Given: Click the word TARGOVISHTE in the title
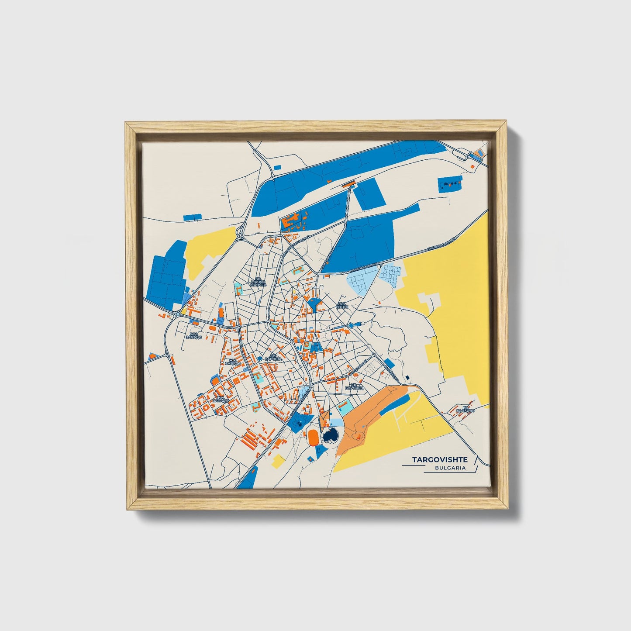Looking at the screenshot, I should (439, 460).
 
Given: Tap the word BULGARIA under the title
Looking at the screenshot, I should (450, 468).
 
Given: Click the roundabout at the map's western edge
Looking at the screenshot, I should (178, 314).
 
